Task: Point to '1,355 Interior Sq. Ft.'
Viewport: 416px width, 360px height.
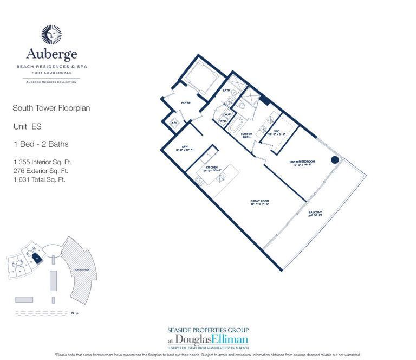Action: [x=42, y=162]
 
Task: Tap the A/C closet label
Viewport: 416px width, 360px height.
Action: [x=174, y=123]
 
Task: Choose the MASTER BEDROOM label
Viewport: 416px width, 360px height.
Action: [x=302, y=162]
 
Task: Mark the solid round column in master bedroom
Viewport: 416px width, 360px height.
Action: [x=335, y=160]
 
